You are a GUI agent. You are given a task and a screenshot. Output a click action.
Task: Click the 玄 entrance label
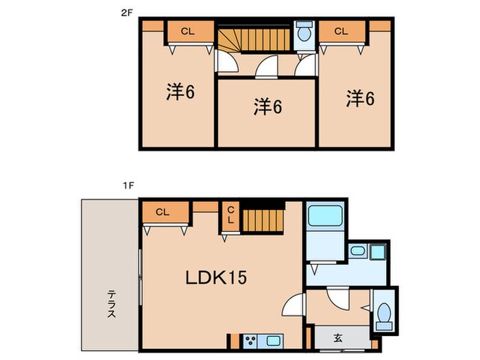(x=339, y=337)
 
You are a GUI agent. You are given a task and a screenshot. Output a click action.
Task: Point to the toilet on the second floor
(x=303, y=33)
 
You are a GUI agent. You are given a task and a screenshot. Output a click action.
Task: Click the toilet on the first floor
(x=384, y=315)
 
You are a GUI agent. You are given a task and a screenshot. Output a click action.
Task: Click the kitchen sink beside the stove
(x=272, y=339)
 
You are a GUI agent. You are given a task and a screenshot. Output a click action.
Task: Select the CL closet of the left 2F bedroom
(x=188, y=32)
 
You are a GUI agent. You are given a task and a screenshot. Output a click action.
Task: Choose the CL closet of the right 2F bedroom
(x=341, y=32)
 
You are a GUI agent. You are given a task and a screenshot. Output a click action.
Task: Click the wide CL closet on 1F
(x=162, y=213)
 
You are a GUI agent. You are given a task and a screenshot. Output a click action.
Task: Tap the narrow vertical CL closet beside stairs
(x=230, y=215)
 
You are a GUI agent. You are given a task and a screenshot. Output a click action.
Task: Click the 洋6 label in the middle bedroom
(x=268, y=106)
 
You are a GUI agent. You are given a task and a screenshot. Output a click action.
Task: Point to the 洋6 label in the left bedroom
(x=180, y=93)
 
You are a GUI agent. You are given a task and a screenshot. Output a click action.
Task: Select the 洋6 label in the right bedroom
(x=360, y=99)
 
